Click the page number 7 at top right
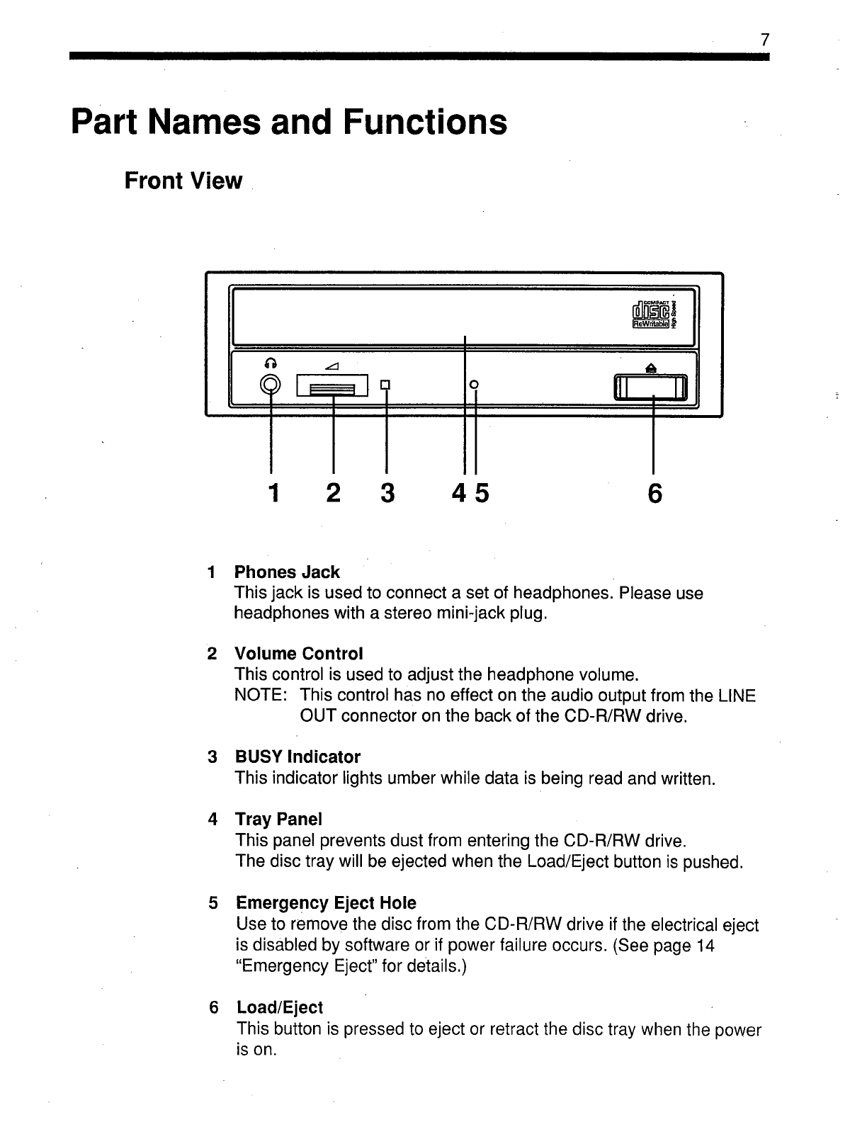(x=764, y=40)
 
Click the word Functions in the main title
(x=425, y=122)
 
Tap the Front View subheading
(x=183, y=181)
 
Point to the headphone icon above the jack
(x=269, y=363)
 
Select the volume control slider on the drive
(x=332, y=387)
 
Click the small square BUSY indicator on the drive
(x=385, y=385)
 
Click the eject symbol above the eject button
(x=652, y=366)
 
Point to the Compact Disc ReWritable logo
(x=653, y=312)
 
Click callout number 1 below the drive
(x=271, y=493)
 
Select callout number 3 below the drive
(x=386, y=493)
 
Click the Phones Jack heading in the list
(x=287, y=572)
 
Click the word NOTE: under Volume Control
(x=260, y=696)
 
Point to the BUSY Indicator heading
(x=297, y=757)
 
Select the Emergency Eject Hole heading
(x=326, y=903)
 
